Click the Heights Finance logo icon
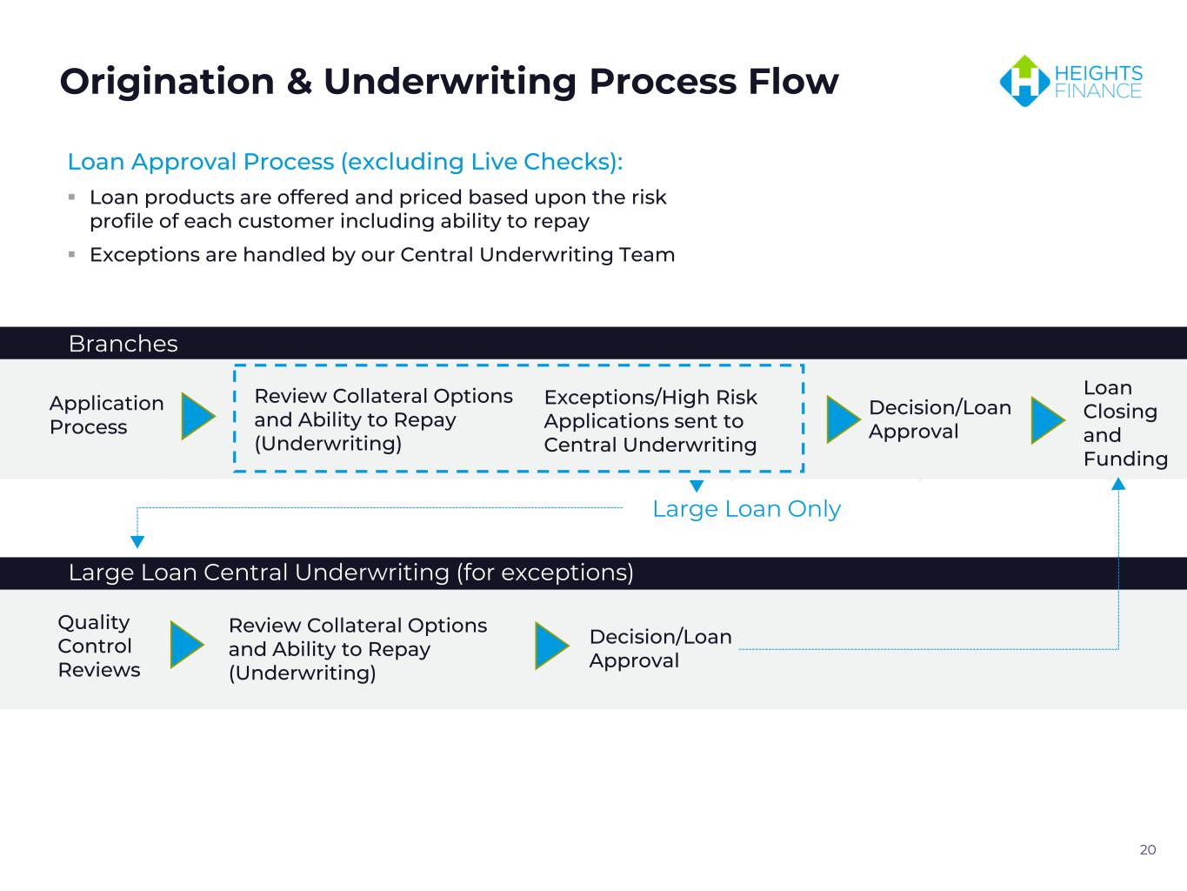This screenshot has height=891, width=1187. click(1024, 81)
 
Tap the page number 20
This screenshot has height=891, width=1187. click(1148, 849)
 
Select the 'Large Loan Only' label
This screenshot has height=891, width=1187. click(746, 508)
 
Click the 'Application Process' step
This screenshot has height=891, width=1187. click(107, 415)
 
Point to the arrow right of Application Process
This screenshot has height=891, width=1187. click(198, 416)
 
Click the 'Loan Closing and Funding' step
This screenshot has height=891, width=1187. click(1125, 423)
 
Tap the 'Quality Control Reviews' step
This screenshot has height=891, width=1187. click(99, 646)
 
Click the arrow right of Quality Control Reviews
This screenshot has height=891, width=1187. click(187, 644)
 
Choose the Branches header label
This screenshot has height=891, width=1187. click(123, 344)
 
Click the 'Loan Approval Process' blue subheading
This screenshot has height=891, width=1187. click(345, 161)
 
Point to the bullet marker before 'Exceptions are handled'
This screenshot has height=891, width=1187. click(71, 254)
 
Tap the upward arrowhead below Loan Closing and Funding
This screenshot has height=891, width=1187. click(1118, 484)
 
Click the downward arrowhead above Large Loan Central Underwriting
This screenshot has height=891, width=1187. click(137, 541)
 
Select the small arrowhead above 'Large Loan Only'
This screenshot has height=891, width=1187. click(697, 486)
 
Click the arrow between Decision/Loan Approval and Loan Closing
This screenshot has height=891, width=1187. click(1048, 420)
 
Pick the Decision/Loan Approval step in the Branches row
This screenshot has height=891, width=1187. click(940, 419)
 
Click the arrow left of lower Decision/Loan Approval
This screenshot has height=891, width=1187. click(552, 646)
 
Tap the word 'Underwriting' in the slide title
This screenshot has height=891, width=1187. click(450, 82)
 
